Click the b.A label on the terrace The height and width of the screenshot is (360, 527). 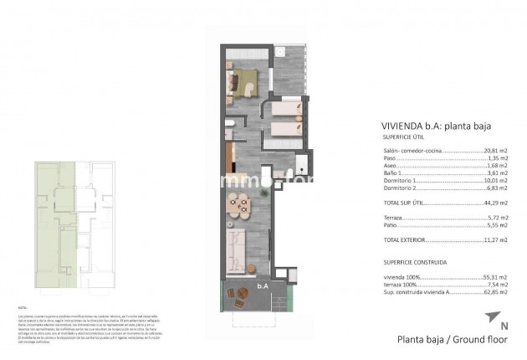point(240,286)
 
